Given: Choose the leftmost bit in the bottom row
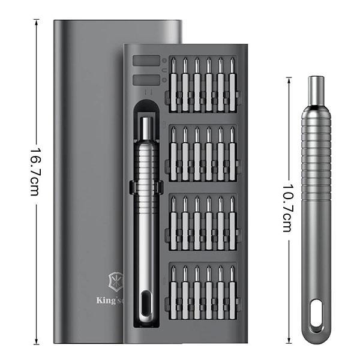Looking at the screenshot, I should tap(173, 288).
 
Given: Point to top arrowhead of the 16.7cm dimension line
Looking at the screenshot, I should tap(37, 20).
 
